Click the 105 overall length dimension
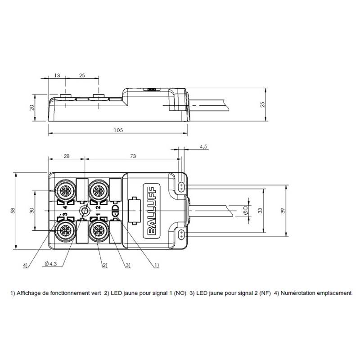[x=118, y=130]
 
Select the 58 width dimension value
[x=13, y=211]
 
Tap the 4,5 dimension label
[x=203, y=147]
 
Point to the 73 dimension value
[x=133, y=156]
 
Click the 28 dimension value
[x=67, y=156]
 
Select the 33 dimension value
[x=260, y=211]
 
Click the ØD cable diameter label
[x=245, y=210]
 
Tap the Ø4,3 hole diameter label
[x=51, y=264]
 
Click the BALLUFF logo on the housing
[x=152, y=211]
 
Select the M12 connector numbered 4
[x=65, y=190]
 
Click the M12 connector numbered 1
[x=99, y=231]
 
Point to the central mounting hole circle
[x=85, y=211]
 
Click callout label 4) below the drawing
[x=25, y=265]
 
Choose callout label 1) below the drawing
[x=156, y=265]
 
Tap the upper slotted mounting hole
[x=181, y=187]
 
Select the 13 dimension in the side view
[x=57, y=75]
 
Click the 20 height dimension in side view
[x=31, y=108]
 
